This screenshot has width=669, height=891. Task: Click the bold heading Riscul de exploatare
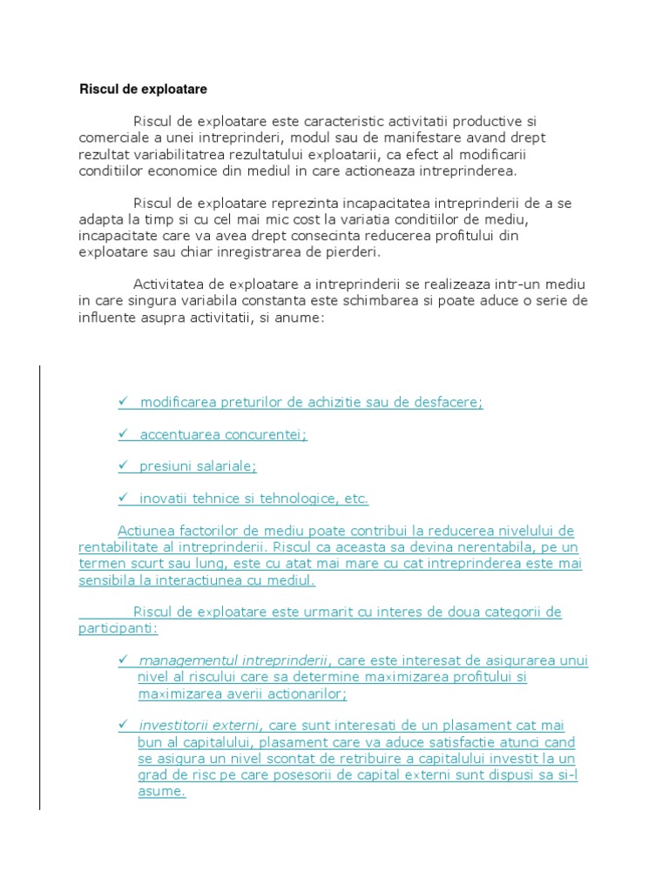[144, 89]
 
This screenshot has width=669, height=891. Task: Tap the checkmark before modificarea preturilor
[124, 402]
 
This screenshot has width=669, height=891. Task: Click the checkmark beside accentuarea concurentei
[124, 434]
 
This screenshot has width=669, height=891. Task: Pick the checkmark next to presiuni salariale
[124, 466]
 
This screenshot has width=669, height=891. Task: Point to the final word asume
[161, 792]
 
